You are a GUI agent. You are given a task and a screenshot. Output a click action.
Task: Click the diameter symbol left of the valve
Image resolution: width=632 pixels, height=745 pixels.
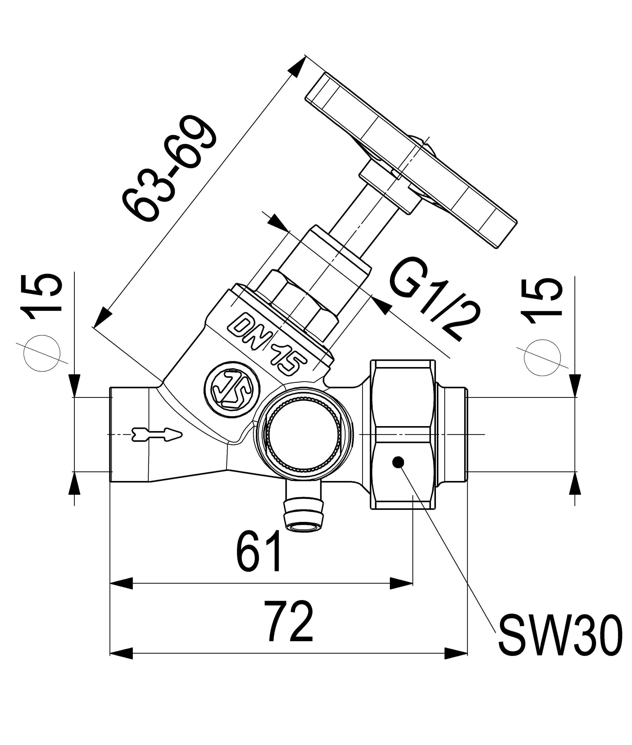pos(42,353)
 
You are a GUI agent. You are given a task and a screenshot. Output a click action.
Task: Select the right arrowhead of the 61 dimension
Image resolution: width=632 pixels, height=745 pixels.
pos(401,583)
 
